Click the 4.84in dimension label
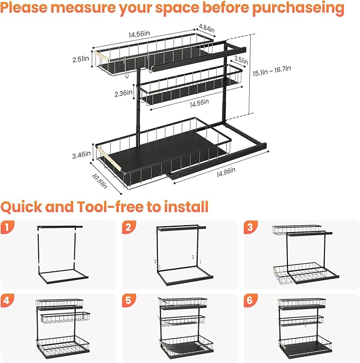click(x=207, y=30)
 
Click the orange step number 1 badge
click(x=7, y=228)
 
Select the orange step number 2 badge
click(x=128, y=228)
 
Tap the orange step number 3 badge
click(x=249, y=228)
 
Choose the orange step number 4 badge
click(x=7, y=300)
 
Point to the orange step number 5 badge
click(x=128, y=300)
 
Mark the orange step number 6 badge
click(x=249, y=300)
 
